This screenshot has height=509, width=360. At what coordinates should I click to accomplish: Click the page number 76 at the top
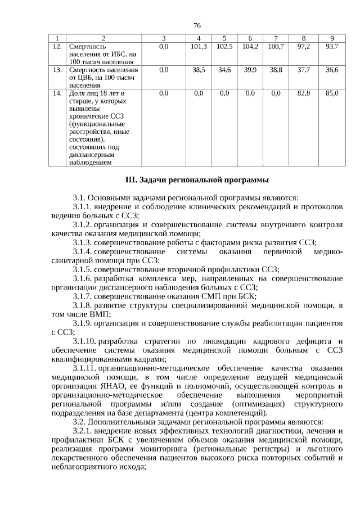tap(197, 26)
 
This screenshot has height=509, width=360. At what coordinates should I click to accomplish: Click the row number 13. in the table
tap(56, 70)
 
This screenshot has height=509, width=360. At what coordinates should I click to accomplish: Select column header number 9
tap(332, 38)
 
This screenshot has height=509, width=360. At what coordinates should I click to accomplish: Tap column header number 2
tap(103, 38)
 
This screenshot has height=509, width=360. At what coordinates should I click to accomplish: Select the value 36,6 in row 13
tap(332, 70)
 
